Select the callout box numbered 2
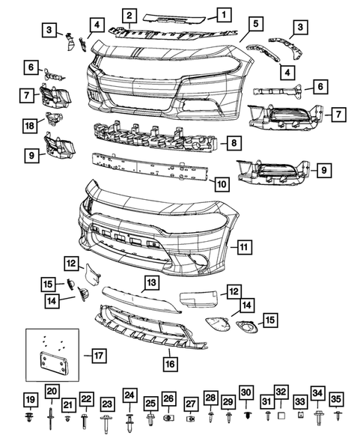point(129,16)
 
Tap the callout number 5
point(256,24)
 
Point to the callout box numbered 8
point(234,142)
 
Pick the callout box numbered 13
point(151,282)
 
